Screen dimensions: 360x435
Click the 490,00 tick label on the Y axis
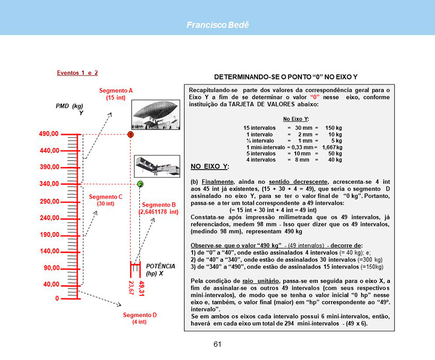(49, 134)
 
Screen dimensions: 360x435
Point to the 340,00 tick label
(49, 184)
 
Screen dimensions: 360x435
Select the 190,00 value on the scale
(49, 235)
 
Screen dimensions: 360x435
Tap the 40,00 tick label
(49, 284)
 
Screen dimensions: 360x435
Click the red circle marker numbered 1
(131, 135)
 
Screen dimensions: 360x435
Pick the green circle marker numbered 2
(140, 184)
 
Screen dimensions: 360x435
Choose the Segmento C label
(105, 200)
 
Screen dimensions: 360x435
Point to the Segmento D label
(140, 318)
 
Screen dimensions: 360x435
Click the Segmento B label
(158, 208)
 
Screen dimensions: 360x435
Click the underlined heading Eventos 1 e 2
(77, 73)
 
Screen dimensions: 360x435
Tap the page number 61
(218, 344)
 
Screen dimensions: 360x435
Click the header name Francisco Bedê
(218, 25)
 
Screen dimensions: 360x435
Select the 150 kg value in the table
(333, 127)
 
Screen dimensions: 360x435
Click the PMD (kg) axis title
(70, 106)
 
